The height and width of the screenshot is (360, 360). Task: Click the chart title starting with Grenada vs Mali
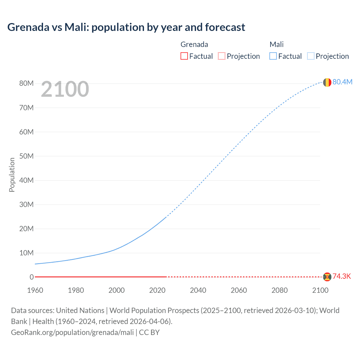[126, 27]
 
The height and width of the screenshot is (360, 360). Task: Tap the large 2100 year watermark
[65, 89]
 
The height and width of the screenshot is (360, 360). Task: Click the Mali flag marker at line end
[327, 82]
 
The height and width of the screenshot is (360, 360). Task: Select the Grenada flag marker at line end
[327, 277]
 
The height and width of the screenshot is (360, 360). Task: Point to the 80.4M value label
[342, 82]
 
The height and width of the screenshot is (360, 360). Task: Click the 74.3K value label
[342, 276]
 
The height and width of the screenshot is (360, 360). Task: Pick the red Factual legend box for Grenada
[184, 56]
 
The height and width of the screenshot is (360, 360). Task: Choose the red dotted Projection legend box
[222, 56]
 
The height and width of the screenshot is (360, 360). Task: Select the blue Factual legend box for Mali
[273, 56]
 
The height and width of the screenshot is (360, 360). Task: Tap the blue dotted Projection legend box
[310, 56]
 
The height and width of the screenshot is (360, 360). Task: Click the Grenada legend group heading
[194, 44]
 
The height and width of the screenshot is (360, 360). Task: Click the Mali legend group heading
[276, 44]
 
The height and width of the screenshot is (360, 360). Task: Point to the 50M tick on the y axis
[26, 156]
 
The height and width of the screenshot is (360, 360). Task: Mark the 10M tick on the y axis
[26, 253]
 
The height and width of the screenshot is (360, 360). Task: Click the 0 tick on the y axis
[31, 277]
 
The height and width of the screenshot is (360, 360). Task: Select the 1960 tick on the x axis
[35, 290]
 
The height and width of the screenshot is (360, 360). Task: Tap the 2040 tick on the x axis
[198, 290]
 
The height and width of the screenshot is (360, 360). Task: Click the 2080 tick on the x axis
[280, 290]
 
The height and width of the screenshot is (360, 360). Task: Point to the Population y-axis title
[12, 175]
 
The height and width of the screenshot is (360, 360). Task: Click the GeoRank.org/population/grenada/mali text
[72, 332]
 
